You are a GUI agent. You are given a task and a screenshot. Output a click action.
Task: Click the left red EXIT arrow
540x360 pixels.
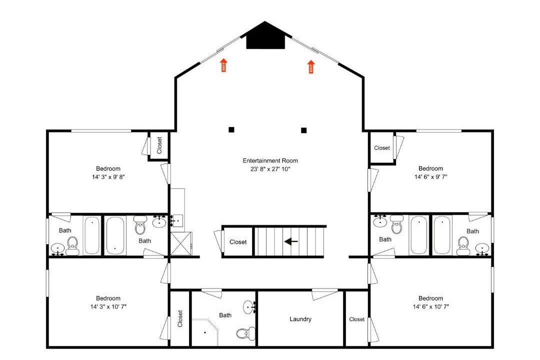[x=224, y=65]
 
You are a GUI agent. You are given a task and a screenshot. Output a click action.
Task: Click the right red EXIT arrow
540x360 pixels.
[x=311, y=67]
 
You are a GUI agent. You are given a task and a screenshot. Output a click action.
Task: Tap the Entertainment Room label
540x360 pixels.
[x=270, y=160]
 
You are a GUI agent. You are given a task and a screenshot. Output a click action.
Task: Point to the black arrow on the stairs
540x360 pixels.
[x=291, y=241]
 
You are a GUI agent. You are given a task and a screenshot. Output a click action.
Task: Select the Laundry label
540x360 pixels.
[x=300, y=319]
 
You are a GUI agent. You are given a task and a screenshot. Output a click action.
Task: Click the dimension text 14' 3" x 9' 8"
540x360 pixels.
[x=108, y=177]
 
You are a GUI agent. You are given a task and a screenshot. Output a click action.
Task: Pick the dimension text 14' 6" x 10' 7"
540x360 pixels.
[x=431, y=306]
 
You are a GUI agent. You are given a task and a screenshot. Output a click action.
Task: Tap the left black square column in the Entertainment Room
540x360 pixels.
[x=231, y=129]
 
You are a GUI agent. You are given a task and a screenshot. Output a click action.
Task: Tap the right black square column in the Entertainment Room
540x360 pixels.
[x=304, y=130]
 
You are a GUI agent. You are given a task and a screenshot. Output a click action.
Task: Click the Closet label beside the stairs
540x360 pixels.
[x=238, y=242]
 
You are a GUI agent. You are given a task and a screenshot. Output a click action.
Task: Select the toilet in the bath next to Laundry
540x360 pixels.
[x=245, y=333]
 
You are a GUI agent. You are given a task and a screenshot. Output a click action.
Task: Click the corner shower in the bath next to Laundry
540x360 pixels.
[x=205, y=332]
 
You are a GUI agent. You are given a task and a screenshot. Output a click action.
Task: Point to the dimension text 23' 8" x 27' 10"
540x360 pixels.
[x=270, y=169]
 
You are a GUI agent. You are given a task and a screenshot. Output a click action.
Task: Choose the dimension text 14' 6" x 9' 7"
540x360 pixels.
[x=431, y=176]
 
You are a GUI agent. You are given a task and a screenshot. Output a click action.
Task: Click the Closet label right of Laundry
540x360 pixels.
[x=357, y=319]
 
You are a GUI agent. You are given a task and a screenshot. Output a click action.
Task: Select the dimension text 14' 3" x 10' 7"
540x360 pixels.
[x=108, y=306]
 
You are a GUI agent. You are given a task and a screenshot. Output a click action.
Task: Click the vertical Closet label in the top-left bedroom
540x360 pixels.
[x=159, y=145]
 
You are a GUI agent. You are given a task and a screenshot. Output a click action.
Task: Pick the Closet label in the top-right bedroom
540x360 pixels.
[x=382, y=148]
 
